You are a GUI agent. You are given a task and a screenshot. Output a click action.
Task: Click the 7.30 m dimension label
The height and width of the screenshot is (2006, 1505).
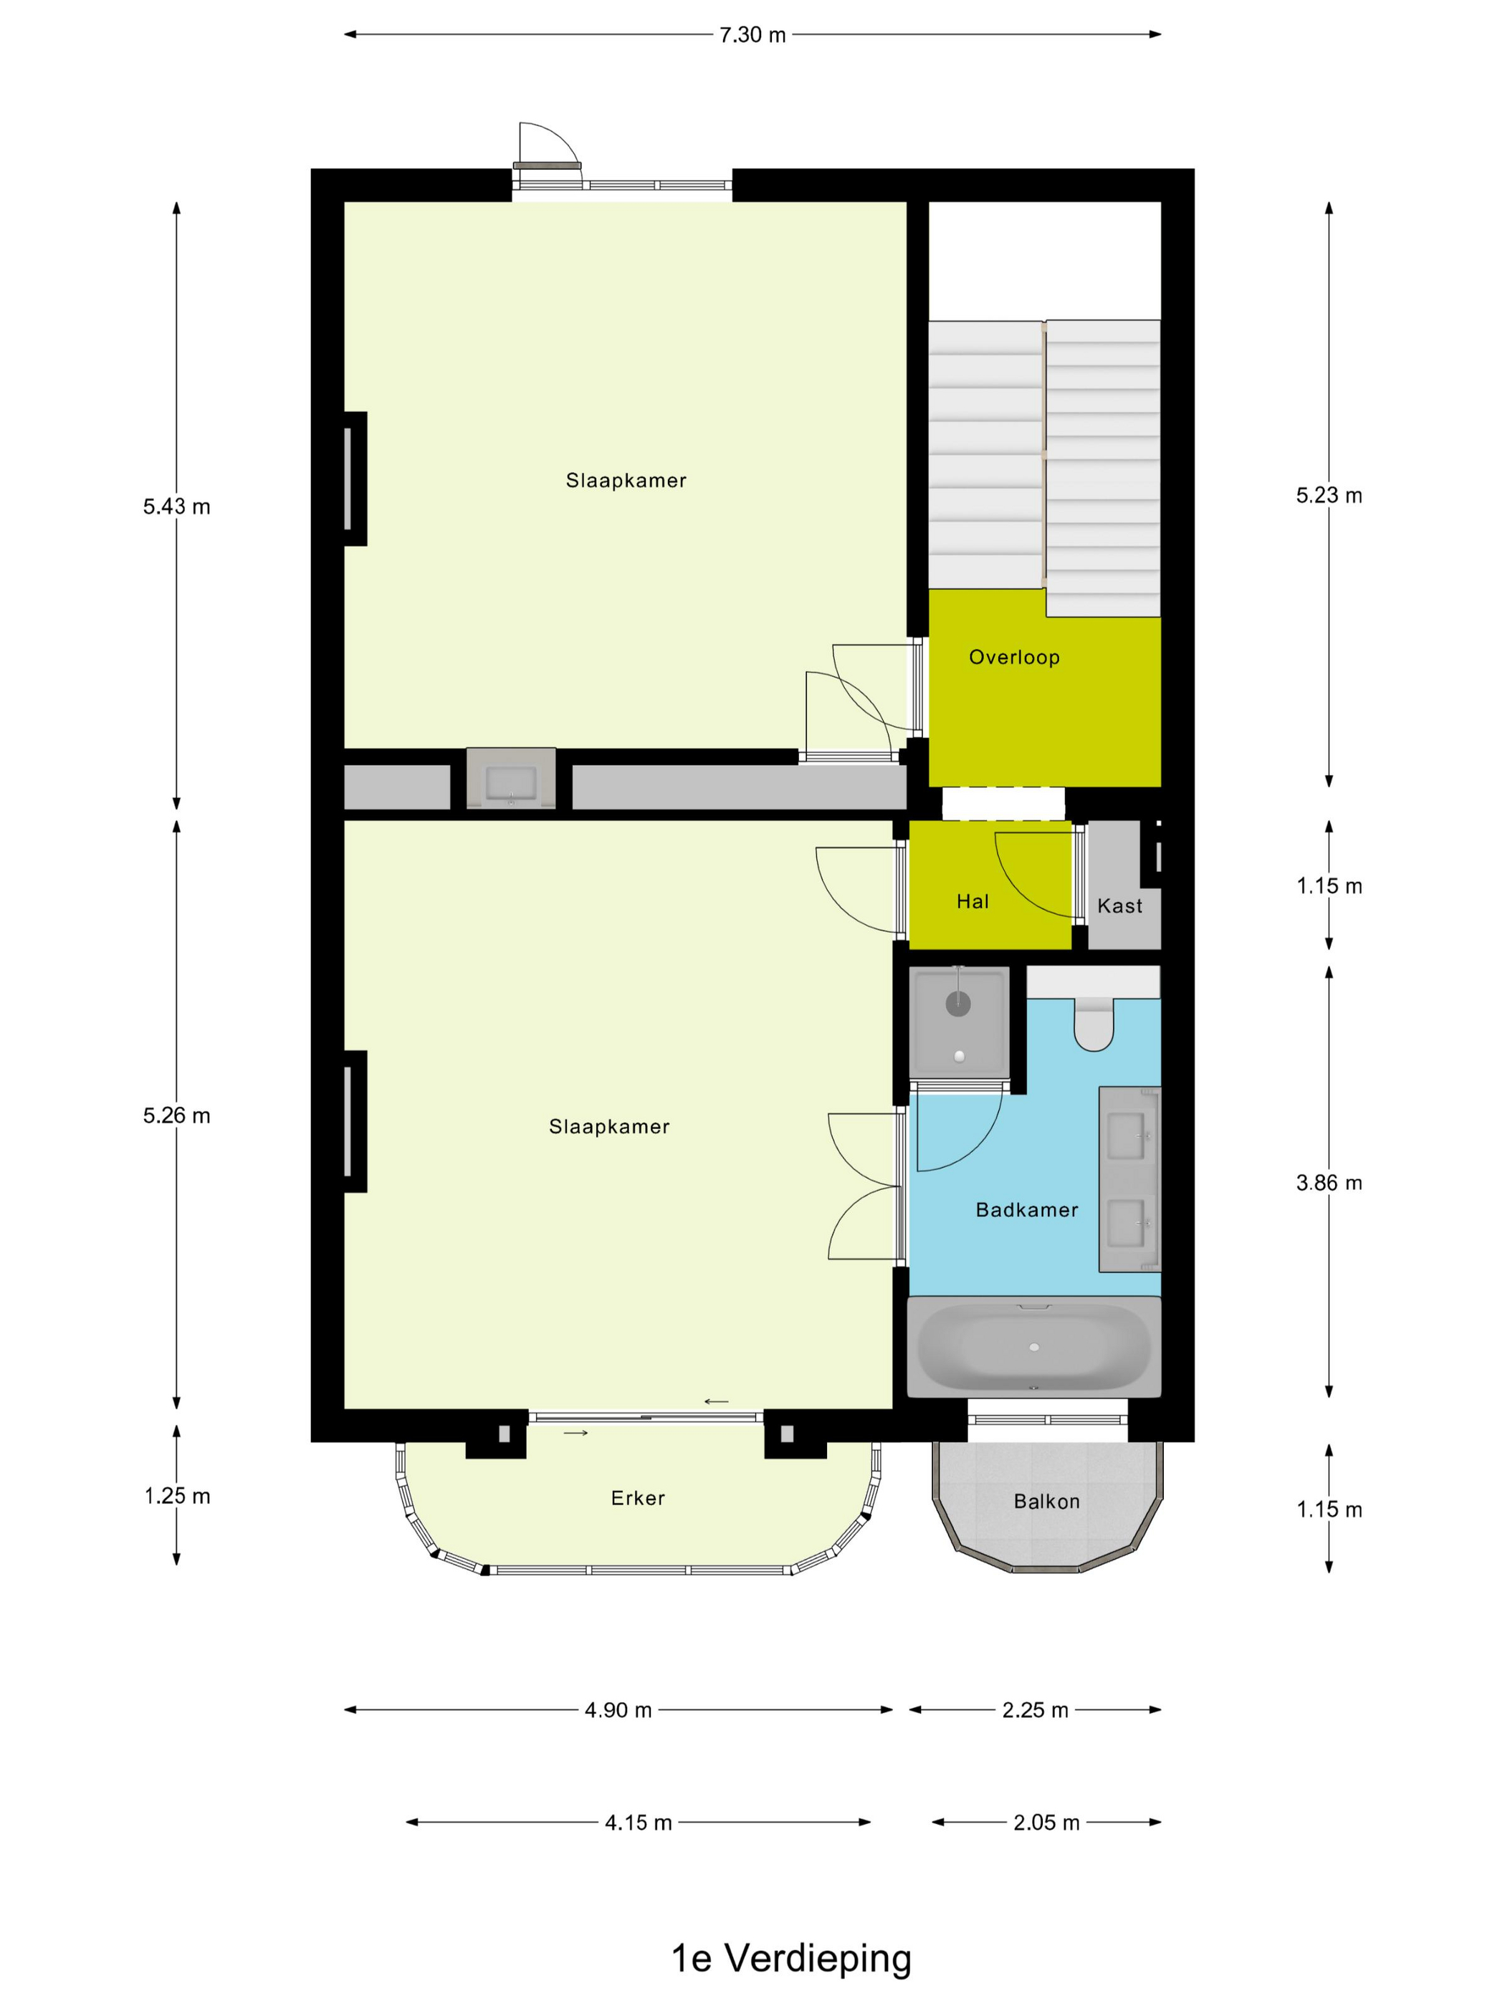[752, 35]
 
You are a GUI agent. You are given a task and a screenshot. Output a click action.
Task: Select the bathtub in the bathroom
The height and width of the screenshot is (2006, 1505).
[1034, 1347]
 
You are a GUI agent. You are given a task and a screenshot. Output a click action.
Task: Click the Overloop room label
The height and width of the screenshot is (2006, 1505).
[1014, 658]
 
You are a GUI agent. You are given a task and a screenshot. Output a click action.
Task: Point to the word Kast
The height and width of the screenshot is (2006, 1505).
[1119, 906]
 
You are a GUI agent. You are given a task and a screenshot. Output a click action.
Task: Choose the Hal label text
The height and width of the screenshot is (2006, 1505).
[973, 901]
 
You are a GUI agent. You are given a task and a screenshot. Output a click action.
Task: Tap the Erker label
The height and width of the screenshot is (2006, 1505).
[638, 1498]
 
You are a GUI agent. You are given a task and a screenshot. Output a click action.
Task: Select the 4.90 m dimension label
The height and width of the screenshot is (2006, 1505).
[618, 1710]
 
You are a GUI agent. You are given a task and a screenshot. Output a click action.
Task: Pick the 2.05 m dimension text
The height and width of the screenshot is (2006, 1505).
[1046, 1823]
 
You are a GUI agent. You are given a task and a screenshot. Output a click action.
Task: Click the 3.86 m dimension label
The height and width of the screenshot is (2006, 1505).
[1329, 1183]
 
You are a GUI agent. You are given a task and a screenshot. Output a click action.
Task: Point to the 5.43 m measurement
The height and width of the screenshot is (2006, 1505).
[176, 507]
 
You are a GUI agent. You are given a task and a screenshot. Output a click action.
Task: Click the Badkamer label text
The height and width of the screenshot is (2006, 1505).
[1027, 1210]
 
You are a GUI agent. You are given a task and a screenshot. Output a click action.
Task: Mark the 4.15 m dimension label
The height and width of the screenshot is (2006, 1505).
[638, 1823]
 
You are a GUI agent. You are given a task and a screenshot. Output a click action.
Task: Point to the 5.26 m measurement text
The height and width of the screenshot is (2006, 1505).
[176, 1115]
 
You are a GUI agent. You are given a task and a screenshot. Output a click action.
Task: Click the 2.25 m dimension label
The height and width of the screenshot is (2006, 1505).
[1035, 1710]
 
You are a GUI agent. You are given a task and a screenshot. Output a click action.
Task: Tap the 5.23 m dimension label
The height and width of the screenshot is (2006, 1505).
[1329, 495]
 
